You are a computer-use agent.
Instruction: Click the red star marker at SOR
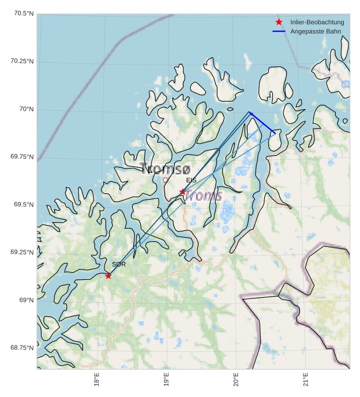tap(108, 276)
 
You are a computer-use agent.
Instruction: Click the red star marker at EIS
tap(182, 192)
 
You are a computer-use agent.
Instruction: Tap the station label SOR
tap(119, 264)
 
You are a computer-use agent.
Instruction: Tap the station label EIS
tap(191, 181)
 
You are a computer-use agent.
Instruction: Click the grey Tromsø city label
tap(165, 169)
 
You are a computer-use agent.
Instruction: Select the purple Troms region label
tap(204, 196)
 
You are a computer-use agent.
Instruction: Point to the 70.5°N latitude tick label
tap(22, 13)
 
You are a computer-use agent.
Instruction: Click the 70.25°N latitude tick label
tap(22, 61)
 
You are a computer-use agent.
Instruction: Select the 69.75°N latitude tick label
tap(22, 157)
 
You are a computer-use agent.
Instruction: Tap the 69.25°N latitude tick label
tap(22, 252)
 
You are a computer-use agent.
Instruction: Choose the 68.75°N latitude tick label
tap(22, 347)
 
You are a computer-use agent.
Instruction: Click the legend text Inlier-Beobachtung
tap(317, 22)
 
